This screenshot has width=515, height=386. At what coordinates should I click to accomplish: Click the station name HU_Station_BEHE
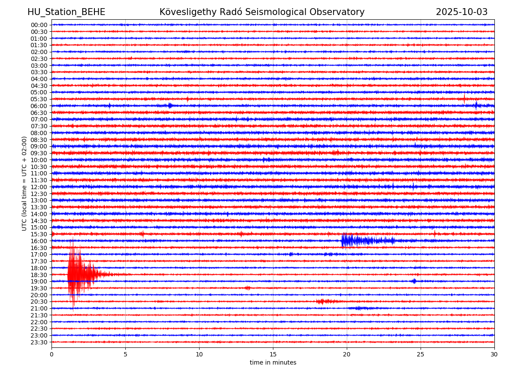[66, 12]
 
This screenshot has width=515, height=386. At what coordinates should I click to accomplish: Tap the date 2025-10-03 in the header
[461, 12]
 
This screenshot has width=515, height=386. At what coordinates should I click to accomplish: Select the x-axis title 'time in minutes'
[273, 363]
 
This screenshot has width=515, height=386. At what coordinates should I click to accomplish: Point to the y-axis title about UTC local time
[24, 184]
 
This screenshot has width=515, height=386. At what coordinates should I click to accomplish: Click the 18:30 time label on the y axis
[39, 275]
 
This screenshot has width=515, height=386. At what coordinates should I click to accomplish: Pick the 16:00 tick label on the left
[39, 241]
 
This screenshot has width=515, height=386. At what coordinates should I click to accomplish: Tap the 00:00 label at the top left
[39, 25]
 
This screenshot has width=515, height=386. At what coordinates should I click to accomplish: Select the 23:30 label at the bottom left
[39, 342]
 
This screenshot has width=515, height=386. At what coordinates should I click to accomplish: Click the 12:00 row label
[39, 187]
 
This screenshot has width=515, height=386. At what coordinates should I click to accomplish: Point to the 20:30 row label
[39, 302]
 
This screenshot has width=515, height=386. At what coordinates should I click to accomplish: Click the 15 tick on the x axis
[273, 354]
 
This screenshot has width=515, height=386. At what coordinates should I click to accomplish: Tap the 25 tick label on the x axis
[421, 354]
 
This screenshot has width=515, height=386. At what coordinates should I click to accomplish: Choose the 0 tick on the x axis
[51, 354]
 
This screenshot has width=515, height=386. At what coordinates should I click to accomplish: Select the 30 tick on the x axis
[494, 354]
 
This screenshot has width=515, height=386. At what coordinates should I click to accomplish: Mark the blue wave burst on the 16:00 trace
[356, 241]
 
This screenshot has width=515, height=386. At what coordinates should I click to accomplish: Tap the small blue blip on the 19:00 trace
[414, 281]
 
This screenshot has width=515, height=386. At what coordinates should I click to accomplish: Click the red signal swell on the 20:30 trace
[324, 302]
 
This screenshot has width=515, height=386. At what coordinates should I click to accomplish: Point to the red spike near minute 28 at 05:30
[464, 99]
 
